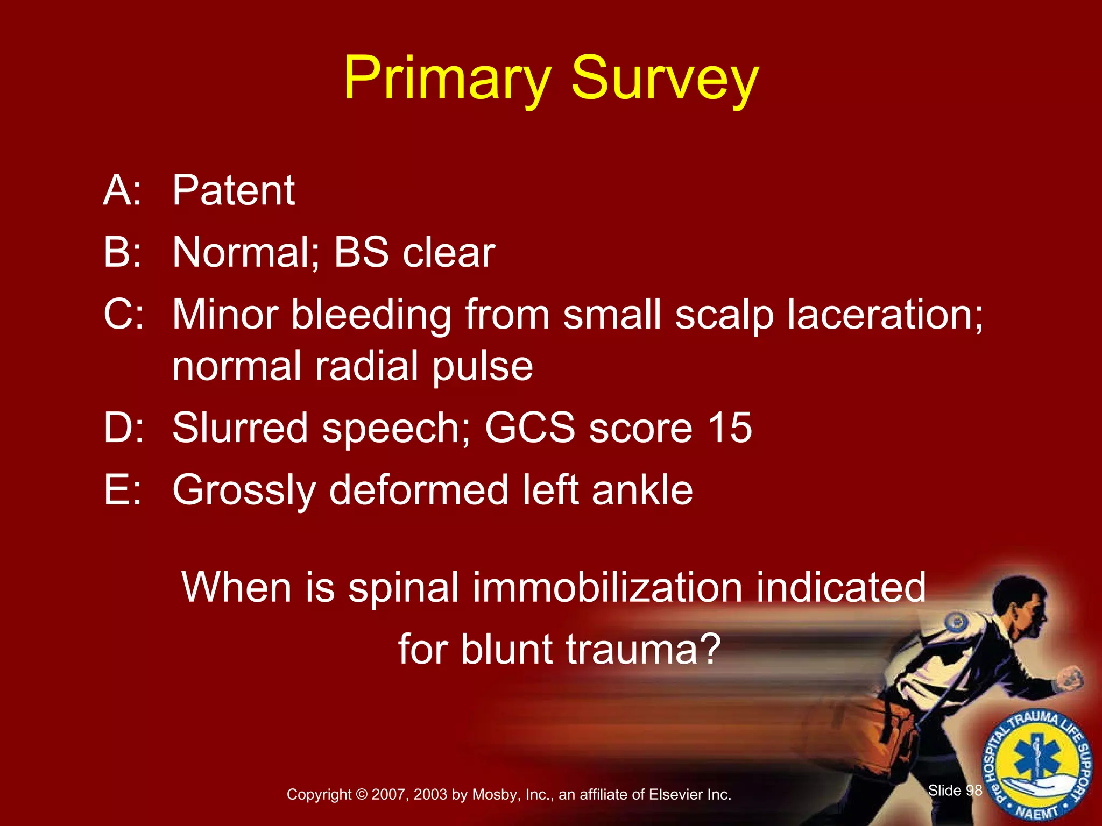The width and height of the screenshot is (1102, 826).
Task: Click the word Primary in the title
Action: (447, 80)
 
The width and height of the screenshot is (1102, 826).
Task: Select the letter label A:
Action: (123, 190)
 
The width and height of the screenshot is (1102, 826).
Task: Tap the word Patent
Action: (234, 190)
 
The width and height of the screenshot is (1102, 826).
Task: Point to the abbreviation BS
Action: (361, 253)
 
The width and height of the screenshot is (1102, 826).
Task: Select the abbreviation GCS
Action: (529, 428)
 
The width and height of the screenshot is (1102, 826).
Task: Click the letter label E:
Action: (123, 490)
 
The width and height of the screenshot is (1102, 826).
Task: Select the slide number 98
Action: (974, 790)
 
